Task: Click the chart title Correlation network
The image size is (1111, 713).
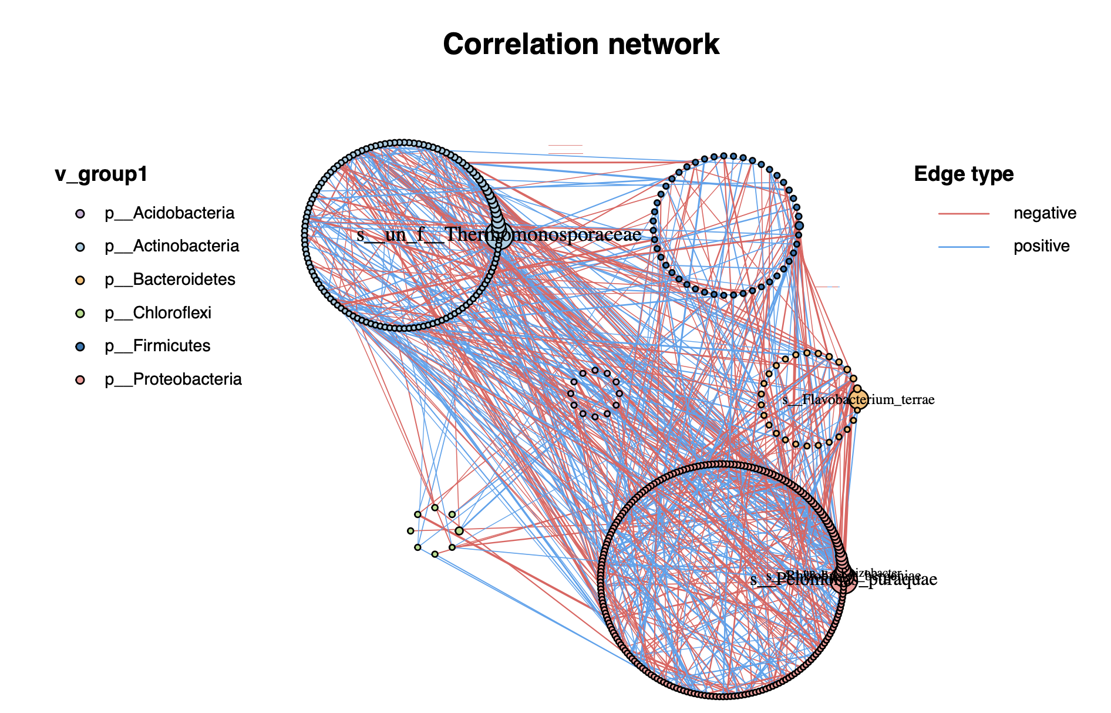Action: click(x=581, y=45)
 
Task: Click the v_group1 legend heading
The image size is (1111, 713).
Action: click(x=101, y=174)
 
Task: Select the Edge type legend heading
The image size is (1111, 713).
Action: click(x=964, y=174)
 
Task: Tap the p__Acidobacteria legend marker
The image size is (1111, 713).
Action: click(x=80, y=214)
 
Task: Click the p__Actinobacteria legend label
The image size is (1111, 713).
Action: click(x=171, y=246)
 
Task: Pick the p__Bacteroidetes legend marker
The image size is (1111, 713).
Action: click(x=80, y=280)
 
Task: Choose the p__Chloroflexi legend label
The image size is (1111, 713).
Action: click(x=158, y=313)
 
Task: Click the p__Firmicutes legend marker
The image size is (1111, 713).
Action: click(x=80, y=347)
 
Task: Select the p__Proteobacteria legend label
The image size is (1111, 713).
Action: click(x=173, y=379)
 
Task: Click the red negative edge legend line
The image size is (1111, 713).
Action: click(x=964, y=213)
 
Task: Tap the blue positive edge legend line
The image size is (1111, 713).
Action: click(x=964, y=247)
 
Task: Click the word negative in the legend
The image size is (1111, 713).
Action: click(x=1045, y=213)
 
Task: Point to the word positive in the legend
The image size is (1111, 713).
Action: click(x=1041, y=246)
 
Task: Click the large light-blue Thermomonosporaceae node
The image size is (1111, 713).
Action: click(x=499, y=236)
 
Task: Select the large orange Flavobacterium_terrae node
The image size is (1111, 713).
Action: click(x=858, y=401)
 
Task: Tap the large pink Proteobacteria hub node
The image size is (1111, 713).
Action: click(x=843, y=582)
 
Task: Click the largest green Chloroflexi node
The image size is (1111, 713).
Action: click(x=459, y=531)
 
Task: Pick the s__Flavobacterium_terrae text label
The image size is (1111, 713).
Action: click(x=858, y=400)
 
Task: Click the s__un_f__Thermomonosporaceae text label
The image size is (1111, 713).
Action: click(x=499, y=235)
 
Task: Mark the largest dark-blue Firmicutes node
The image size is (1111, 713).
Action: click(x=799, y=226)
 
